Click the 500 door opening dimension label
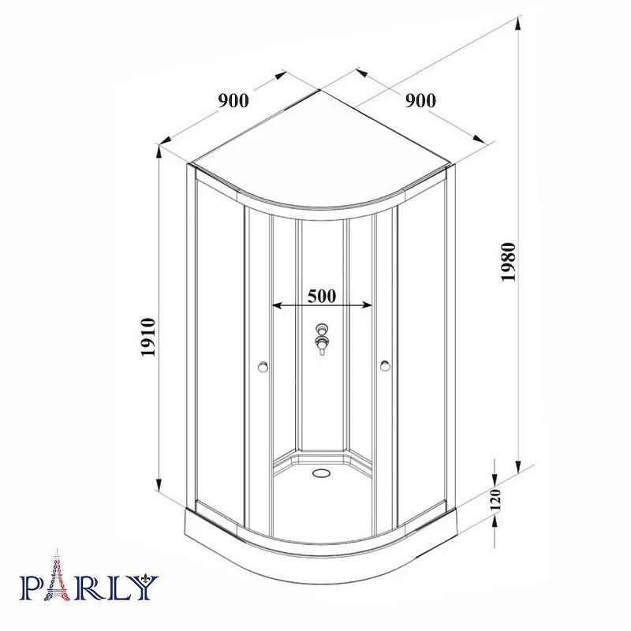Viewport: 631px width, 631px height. pyautogui.click(x=322, y=297)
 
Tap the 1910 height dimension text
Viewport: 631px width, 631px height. pyautogui.click(x=147, y=337)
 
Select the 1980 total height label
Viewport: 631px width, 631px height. pyautogui.click(x=508, y=262)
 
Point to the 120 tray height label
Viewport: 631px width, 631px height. pyautogui.click(x=495, y=499)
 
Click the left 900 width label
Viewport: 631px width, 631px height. pyautogui.click(x=233, y=100)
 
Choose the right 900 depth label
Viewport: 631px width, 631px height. pyautogui.click(x=420, y=100)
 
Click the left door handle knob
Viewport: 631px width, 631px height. pyautogui.click(x=263, y=367)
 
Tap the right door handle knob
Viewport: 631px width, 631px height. pyautogui.click(x=384, y=366)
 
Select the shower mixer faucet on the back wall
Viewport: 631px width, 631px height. pyautogui.click(x=322, y=339)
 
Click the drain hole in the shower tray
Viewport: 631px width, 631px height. pyautogui.click(x=320, y=472)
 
